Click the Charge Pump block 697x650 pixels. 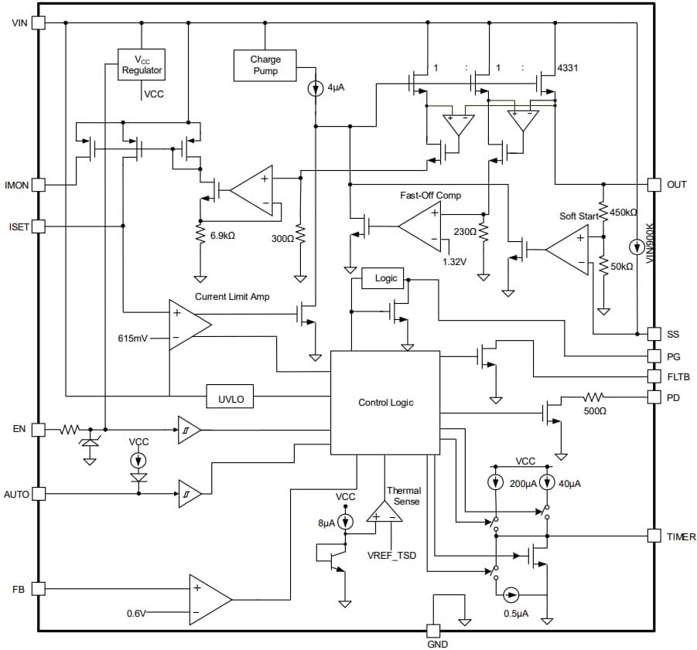point(265,65)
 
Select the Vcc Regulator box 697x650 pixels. point(142,65)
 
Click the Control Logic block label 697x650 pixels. point(385,403)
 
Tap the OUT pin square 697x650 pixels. point(654,185)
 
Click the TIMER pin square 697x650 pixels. point(654,536)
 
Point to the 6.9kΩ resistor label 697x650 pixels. point(222,235)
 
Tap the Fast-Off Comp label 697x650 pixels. point(430,196)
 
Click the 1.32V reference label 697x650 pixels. point(454,261)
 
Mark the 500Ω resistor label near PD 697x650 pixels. point(595,411)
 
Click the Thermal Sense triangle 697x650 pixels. point(384,512)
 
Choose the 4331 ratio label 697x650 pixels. point(567,68)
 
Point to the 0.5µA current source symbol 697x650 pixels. point(511,594)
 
